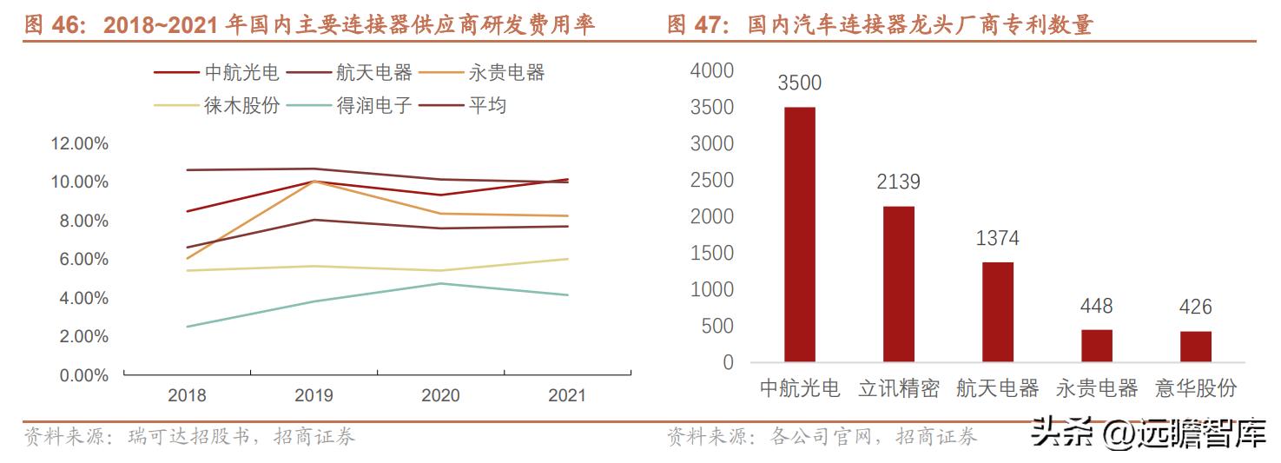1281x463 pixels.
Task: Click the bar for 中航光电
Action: (799, 234)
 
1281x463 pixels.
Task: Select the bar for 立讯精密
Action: (898, 283)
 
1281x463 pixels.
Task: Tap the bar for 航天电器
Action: (997, 311)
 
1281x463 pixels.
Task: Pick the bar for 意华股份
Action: (1195, 346)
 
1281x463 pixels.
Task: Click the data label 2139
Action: (898, 182)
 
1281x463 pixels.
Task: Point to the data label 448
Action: (1096, 307)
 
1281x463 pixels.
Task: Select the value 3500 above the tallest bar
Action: (799, 83)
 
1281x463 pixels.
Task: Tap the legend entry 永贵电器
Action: (506, 73)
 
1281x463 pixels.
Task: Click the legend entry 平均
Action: (487, 106)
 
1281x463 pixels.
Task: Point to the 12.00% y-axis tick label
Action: (80, 143)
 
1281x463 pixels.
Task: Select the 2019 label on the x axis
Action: (314, 395)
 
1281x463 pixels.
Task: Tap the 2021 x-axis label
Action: (567, 395)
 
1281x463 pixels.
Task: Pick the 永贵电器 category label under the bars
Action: (1096, 388)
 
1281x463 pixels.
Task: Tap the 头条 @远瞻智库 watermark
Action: (1147, 434)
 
